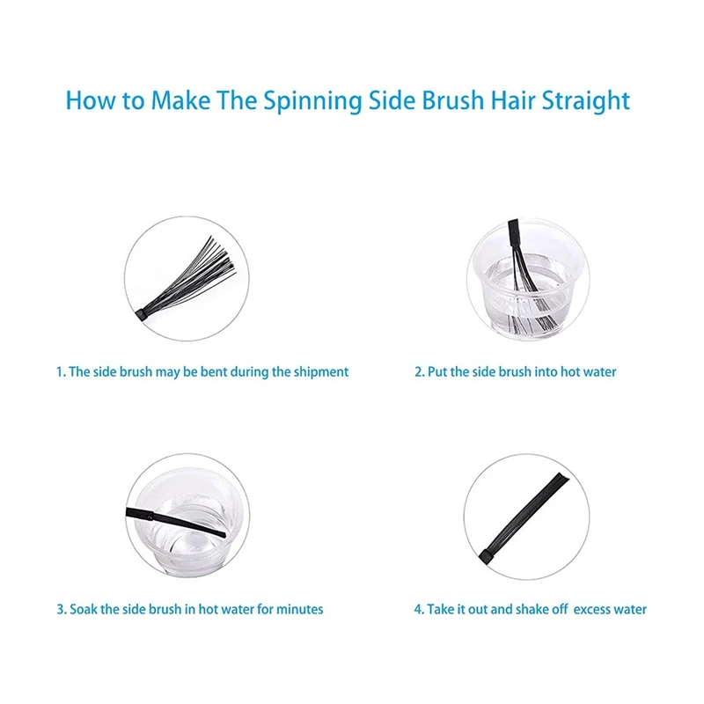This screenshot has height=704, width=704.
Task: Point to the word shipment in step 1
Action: click(319, 372)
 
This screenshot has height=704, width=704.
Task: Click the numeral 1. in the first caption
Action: click(61, 372)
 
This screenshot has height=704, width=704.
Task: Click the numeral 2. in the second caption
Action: click(420, 372)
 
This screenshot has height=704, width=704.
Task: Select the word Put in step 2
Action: click(438, 372)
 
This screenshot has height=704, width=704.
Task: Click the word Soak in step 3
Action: click(84, 609)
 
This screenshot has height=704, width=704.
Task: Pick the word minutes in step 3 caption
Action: click(300, 609)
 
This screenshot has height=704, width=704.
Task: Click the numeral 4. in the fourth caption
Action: click(420, 609)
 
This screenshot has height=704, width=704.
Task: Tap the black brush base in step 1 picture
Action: click(143, 312)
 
